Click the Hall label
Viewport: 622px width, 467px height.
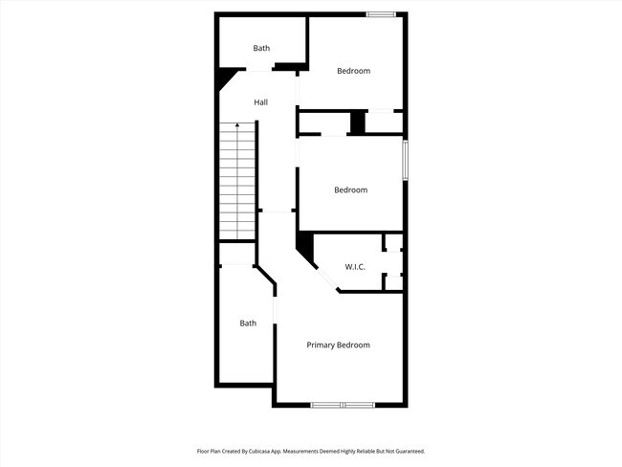pyautogui.click(x=260, y=102)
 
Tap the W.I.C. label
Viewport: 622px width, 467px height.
pyautogui.click(x=355, y=267)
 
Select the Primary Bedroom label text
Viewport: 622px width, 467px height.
pyautogui.click(x=338, y=345)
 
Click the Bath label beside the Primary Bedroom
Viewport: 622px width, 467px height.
pyautogui.click(x=248, y=323)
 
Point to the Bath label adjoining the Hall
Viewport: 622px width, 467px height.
pyautogui.click(x=261, y=48)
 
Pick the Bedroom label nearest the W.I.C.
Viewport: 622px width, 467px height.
pyautogui.click(x=350, y=189)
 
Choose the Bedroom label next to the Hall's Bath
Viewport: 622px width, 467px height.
pyautogui.click(x=353, y=71)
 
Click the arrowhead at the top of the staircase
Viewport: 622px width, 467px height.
pyautogui.click(x=237, y=126)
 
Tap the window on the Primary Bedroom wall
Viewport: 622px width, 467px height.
pyautogui.click(x=343, y=405)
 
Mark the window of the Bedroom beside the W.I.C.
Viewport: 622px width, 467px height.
pyautogui.click(x=405, y=160)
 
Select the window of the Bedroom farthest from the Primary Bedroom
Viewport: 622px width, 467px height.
pyautogui.click(x=382, y=13)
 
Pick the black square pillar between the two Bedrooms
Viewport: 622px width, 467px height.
pyautogui.click(x=357, y=122)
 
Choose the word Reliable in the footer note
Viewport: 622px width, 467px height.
pyautogui.click(x=368, y=451)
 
